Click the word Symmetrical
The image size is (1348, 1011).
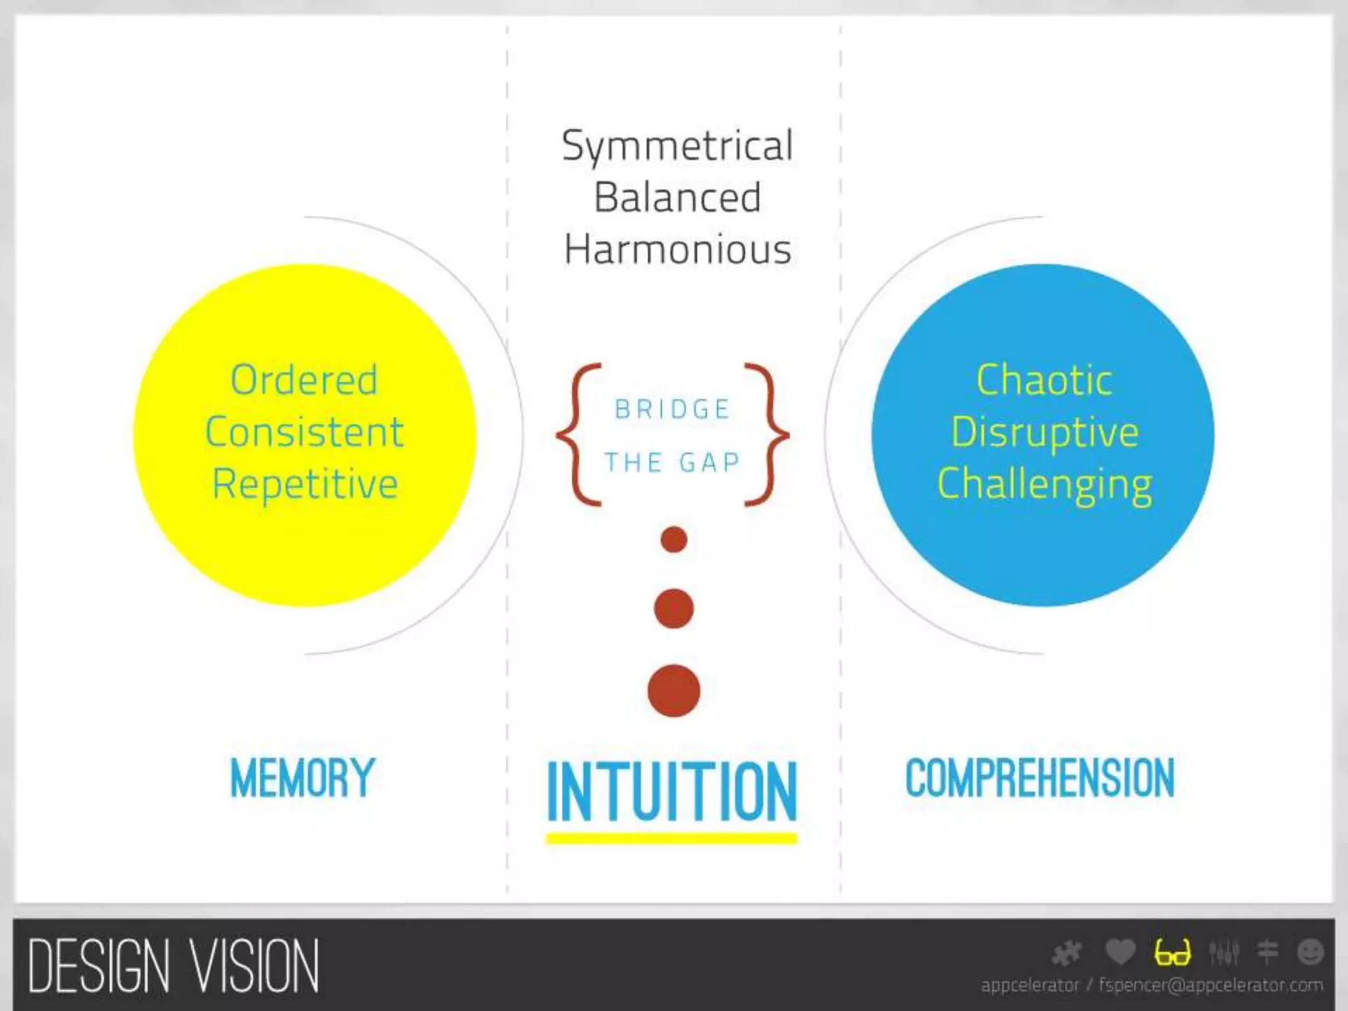677,146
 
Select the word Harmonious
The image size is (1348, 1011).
677,250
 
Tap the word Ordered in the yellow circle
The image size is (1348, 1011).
304,380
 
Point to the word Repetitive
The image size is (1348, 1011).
305,484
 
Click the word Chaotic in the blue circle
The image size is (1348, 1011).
1044,380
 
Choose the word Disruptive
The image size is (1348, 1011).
1045,432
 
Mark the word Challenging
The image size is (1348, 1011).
1045,485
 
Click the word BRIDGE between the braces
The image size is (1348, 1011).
672,409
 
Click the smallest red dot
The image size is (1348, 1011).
673,540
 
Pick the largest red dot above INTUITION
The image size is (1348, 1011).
673,690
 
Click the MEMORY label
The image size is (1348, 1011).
302,778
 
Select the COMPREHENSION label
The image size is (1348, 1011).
1040,778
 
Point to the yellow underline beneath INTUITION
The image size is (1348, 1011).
671,839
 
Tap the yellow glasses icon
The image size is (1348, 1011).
1172,952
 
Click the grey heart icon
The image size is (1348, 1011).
1120,952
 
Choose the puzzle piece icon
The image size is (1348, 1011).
1067,953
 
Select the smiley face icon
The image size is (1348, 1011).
1310,952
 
